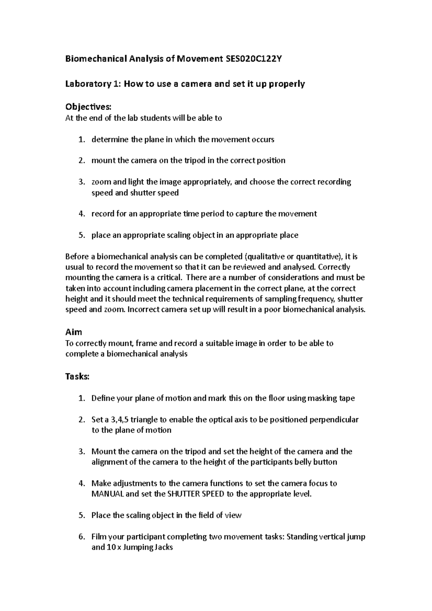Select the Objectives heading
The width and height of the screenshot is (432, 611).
(88, 107)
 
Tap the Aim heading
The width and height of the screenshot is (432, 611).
(73, 332)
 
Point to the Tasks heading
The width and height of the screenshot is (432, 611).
(77, 376)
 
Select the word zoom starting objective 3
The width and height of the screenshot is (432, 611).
(101, 182)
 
